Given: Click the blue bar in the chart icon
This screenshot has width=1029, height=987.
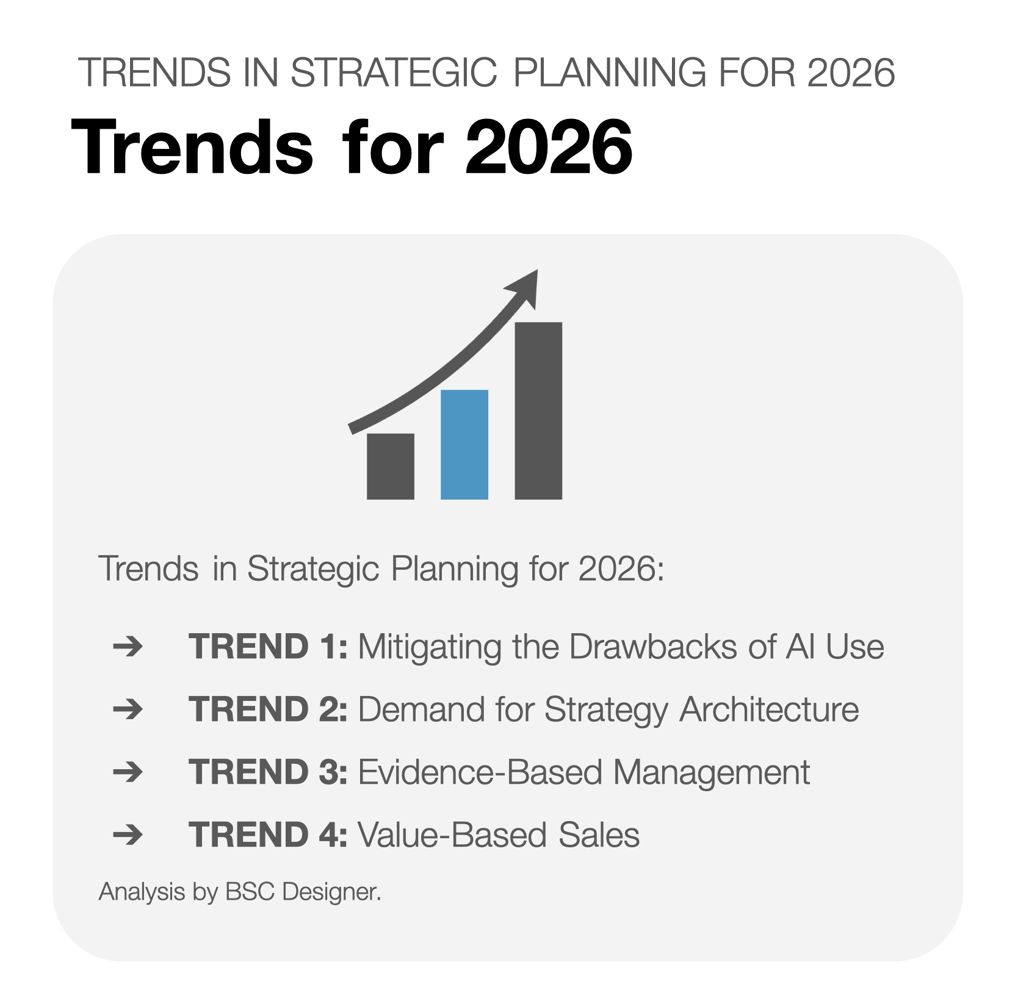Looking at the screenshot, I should (464, 444).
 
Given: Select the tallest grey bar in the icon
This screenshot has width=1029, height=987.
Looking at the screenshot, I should (538, 411).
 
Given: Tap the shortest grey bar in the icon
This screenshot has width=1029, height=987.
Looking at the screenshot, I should (390, 466).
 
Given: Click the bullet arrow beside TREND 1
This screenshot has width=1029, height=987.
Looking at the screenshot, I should (128, 646).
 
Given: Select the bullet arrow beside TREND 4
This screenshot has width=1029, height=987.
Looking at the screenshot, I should (128, 834).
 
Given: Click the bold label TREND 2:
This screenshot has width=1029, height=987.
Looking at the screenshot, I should (268, 709).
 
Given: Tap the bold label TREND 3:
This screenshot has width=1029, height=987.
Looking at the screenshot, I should (268, 772).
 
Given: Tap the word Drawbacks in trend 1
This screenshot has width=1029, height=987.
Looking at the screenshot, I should (652, 647).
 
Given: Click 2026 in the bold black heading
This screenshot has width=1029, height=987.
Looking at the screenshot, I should (548, 148).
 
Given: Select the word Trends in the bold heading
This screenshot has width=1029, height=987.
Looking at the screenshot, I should (192, 148).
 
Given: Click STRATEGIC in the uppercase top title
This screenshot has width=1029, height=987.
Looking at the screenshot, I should (394, 73).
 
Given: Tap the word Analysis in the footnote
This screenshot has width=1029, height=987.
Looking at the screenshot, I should (142, 892).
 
